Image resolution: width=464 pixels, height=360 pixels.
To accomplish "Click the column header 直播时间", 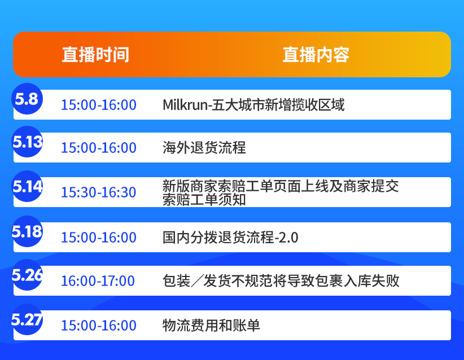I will [95, 55].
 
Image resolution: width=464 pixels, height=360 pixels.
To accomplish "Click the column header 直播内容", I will [316, 55].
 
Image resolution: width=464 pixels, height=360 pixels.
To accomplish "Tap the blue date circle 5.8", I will [27, 99].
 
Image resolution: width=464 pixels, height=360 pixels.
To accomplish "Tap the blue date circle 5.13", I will [27, 142].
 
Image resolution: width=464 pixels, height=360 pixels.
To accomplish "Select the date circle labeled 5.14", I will [27, 186].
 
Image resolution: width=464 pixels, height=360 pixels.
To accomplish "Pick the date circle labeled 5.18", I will [27, 231].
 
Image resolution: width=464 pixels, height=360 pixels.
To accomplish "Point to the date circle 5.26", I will [27, 275].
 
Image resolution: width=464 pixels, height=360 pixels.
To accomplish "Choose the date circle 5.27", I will [27, 319].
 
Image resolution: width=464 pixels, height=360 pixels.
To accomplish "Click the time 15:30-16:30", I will [98, 192].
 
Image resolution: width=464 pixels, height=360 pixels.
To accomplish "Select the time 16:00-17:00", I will [98, 281].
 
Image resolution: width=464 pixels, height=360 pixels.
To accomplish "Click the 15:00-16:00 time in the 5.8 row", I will [98, 105].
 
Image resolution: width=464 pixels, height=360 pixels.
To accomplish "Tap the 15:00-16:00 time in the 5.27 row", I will [98, 326].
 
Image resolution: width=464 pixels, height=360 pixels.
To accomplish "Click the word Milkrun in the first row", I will [184, 105].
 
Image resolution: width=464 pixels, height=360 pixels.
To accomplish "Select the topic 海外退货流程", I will [204, 148].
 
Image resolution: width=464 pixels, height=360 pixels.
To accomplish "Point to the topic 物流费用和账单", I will [211, 326].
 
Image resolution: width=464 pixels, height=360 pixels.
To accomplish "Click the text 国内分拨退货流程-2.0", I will [230, 238].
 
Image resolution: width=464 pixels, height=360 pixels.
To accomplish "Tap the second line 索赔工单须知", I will [204, 200].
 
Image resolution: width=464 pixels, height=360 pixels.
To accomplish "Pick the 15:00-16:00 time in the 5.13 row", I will [98, 148].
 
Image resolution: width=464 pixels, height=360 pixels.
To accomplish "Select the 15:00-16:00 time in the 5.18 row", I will [98, 238].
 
